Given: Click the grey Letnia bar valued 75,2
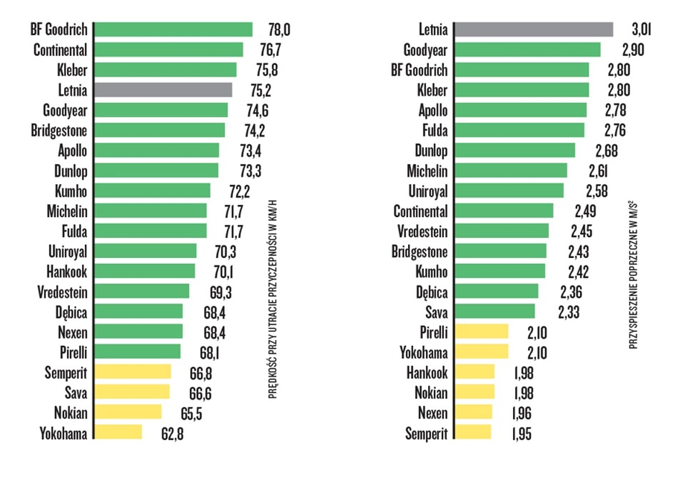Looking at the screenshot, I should (x=163, y=89).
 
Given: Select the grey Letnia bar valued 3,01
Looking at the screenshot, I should (x=534, y=30).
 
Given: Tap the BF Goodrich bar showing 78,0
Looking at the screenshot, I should (x=173, y=30).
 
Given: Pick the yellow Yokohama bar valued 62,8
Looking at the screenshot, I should (x=118, y=432).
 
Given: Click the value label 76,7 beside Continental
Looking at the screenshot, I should (x=275, y=50).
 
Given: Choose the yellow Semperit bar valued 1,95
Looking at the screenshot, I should (x=473, y=433).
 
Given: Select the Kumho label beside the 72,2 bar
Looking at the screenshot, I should (x=71, y=190).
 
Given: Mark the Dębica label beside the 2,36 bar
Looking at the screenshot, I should (x=432, y=292).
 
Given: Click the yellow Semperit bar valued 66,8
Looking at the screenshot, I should (x=133, y=371).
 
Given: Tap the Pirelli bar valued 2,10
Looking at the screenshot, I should (x=482, y=332).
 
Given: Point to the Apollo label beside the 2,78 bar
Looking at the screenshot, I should (x=433, y=110).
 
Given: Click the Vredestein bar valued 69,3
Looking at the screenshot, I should (x=141, y=291).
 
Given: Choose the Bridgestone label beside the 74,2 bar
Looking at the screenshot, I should (x=60, y=130).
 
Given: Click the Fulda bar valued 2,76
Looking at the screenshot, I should (x=520, y=130).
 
